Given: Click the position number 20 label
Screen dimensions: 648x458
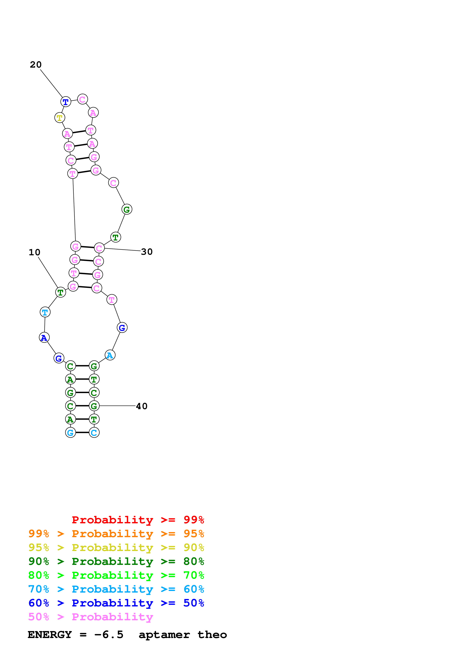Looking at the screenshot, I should [36, 65].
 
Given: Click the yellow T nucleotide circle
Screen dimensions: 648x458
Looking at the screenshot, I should [59, 117].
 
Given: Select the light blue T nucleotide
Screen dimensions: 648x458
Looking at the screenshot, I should [45, 312].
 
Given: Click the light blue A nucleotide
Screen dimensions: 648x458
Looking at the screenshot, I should [110, 355].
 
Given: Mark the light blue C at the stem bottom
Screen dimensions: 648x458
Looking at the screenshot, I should [94, 432].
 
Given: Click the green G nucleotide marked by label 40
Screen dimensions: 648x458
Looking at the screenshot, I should [94, 406].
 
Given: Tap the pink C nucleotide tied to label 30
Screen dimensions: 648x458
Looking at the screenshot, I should [99, 248].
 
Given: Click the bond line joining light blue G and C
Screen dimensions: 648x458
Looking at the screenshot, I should [82, 432].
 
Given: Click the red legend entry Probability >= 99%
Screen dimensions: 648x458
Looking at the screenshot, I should [138, 520].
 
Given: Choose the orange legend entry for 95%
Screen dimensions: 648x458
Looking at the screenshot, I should [116, 533].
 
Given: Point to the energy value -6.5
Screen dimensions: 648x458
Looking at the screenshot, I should [109, 635].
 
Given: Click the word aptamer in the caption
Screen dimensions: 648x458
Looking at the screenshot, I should [164, 635].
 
